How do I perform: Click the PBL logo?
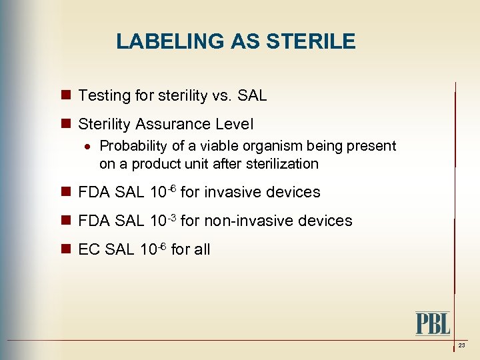pyautogui.click(x=433, y=323)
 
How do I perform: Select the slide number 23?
pyautogui.click(x=461, y=345)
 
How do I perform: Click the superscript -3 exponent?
pyautogui.click(x=172, y=217)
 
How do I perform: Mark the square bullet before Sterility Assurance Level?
pyautogui.click(x=65, y=124)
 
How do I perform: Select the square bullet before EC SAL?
pyautogui.click(x=65, y=249)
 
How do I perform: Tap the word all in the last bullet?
pyautogui.click(x=201, y=249)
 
